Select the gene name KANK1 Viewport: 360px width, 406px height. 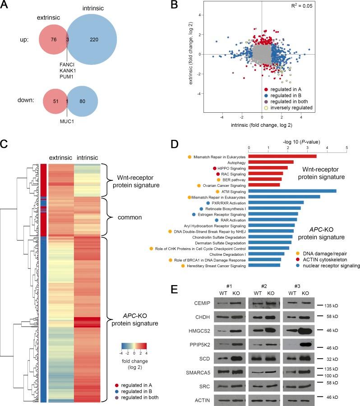tap(67, 71)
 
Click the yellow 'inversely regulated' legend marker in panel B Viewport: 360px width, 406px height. tap(266, 108)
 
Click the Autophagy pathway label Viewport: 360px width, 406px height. tap(233, 161)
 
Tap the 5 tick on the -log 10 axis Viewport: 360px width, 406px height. tap(346, 147)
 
